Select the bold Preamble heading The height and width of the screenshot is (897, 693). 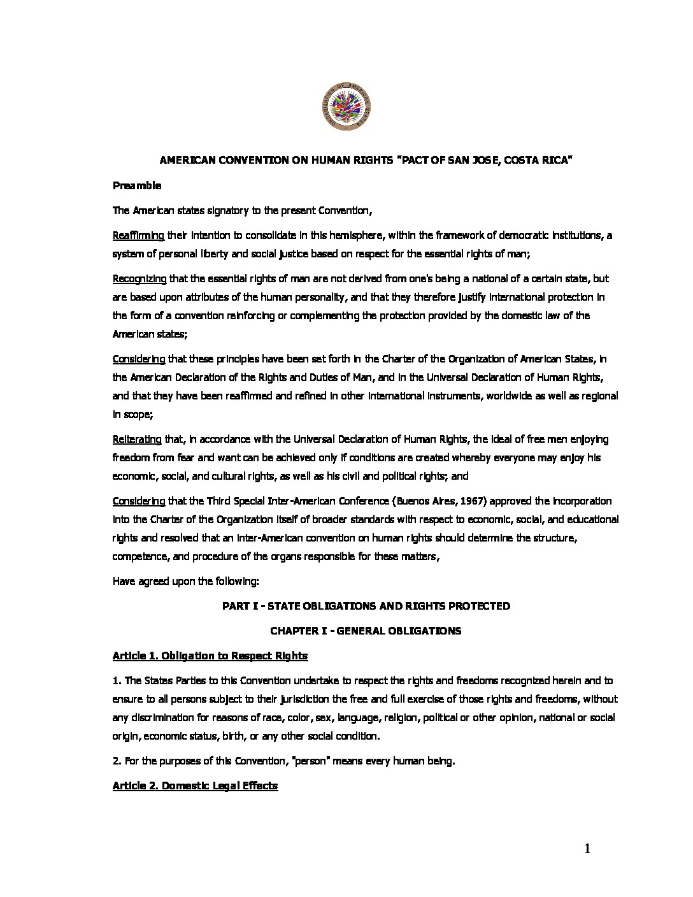(137, 186)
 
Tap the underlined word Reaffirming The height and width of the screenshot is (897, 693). (138, 235)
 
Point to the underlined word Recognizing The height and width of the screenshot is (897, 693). (139, 278)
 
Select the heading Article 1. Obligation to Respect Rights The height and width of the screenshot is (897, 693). (210, 656)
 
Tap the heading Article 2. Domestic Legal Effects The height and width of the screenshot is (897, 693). (195, 786)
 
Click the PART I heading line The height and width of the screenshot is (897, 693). (366, 606)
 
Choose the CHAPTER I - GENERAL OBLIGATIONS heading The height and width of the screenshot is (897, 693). (366, 631)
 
